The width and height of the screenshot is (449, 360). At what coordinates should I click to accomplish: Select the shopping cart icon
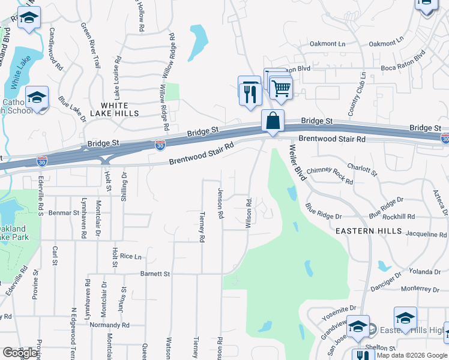point(280,89)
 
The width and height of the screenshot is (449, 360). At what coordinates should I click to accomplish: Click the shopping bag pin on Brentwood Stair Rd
point(273,121)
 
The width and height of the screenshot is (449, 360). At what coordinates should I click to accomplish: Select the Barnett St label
point(155,274)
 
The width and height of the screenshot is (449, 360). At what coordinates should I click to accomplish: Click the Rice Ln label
point(130,256)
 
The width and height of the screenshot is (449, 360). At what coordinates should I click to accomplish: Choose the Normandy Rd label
point(109,325)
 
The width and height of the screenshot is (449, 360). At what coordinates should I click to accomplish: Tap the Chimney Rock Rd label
point(330,175)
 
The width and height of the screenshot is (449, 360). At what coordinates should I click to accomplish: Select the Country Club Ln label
point(357,95)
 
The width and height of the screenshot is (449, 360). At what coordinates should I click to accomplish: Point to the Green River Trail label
point(90,44)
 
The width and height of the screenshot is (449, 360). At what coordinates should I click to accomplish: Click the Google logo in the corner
point(19,353)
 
